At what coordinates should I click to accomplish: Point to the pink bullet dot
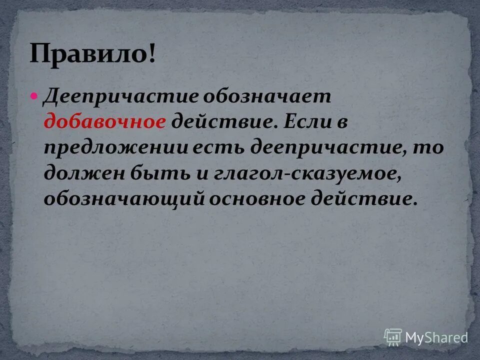pos(34,95)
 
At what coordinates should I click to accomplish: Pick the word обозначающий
pos(124,199)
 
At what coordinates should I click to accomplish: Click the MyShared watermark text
pos(436,337)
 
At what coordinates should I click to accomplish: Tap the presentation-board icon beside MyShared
pos(393,337)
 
